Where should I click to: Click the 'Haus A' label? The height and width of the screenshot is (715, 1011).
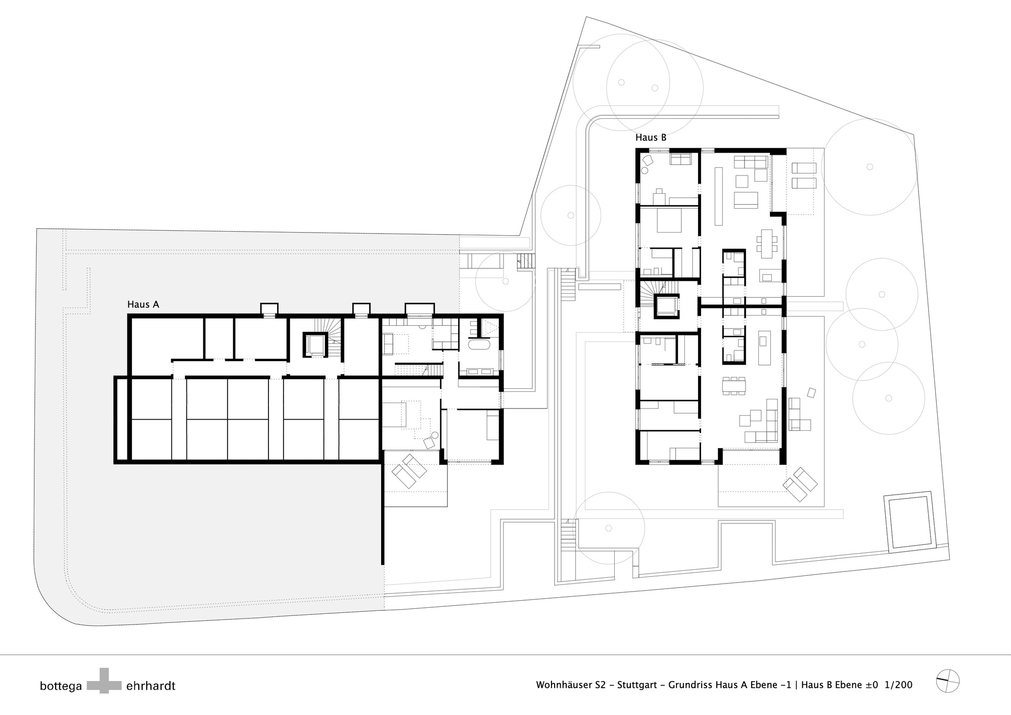coord(143,304)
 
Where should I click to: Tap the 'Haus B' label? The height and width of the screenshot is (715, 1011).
coord(651,138)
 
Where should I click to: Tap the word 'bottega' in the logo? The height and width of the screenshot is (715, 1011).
coord(61,686)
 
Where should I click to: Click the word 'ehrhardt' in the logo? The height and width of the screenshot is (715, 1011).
coord(151,686)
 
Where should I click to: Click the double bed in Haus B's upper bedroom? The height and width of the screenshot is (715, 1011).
coord(670,220)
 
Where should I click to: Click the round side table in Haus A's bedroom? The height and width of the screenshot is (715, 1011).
coord(434,436)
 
